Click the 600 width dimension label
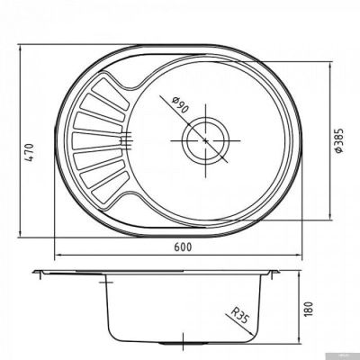point(182,247)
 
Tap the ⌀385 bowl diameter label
point(338,141)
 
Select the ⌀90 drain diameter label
point(180,105)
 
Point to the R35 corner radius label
point(239,315)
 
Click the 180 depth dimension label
point(309,309)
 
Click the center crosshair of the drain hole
point(205,140)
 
